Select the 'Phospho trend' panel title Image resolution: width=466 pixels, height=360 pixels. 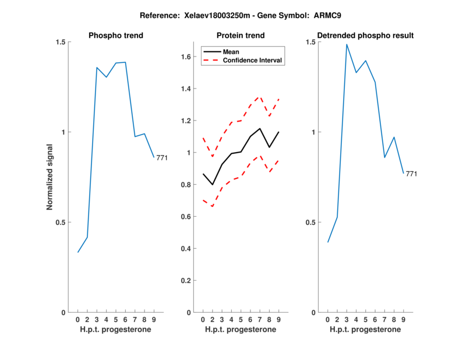116,36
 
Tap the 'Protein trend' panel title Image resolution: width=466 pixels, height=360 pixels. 241,36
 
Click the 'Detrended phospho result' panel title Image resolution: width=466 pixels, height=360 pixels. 365,36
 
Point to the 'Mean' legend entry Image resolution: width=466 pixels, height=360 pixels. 231,52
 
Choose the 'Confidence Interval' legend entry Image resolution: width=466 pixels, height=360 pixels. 252,60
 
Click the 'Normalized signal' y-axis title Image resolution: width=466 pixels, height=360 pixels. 50,178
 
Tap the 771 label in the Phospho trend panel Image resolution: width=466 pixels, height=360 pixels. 161,158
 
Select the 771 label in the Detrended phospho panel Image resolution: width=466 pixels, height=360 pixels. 411,174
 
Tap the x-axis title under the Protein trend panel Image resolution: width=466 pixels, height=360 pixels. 241,330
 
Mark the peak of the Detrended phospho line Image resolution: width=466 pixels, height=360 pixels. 347,44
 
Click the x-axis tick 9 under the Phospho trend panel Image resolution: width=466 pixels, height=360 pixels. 154,320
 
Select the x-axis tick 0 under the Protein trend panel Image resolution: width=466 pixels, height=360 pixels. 203,320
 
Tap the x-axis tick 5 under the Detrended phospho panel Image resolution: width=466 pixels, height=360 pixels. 365,320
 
